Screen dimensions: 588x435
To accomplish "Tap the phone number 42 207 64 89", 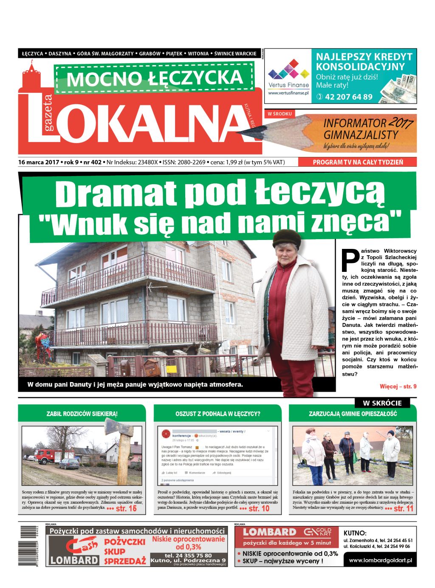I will [348, 97].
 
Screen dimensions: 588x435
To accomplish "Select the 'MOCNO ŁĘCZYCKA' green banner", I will [155, 78].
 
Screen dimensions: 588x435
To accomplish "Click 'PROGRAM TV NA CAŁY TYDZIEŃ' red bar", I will [357, 162].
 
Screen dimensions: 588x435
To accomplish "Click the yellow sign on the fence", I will [171, 369].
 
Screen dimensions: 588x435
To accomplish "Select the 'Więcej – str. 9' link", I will [398, 386].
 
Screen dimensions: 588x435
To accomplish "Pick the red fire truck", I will [48, 456].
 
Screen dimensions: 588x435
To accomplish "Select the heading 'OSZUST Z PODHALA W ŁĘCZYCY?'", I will [217, 414].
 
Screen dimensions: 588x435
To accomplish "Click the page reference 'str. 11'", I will [403, 508].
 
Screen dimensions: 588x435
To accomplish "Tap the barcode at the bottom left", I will [28, 546].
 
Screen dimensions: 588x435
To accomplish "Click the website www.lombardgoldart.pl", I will [380, 561].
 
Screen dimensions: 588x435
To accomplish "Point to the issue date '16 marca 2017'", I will [39, 162].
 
